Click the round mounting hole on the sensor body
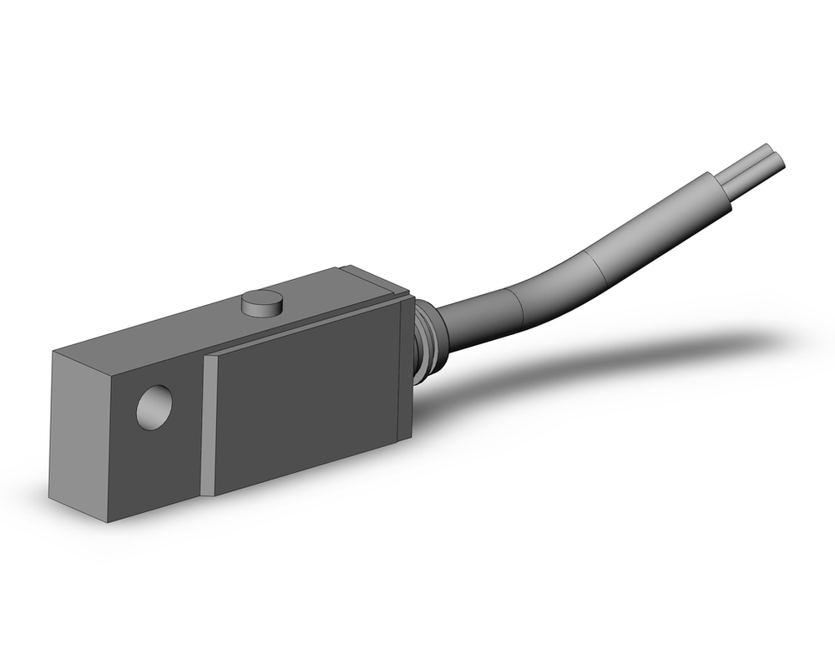coord(154,408)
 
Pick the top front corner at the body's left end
coord(53,353)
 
